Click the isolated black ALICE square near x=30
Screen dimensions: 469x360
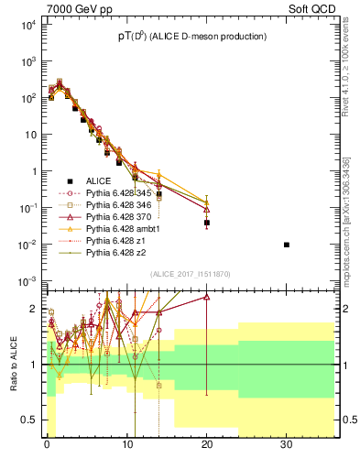click(x=287, y=245)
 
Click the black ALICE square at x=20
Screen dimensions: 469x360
click(x=207, y=223)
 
